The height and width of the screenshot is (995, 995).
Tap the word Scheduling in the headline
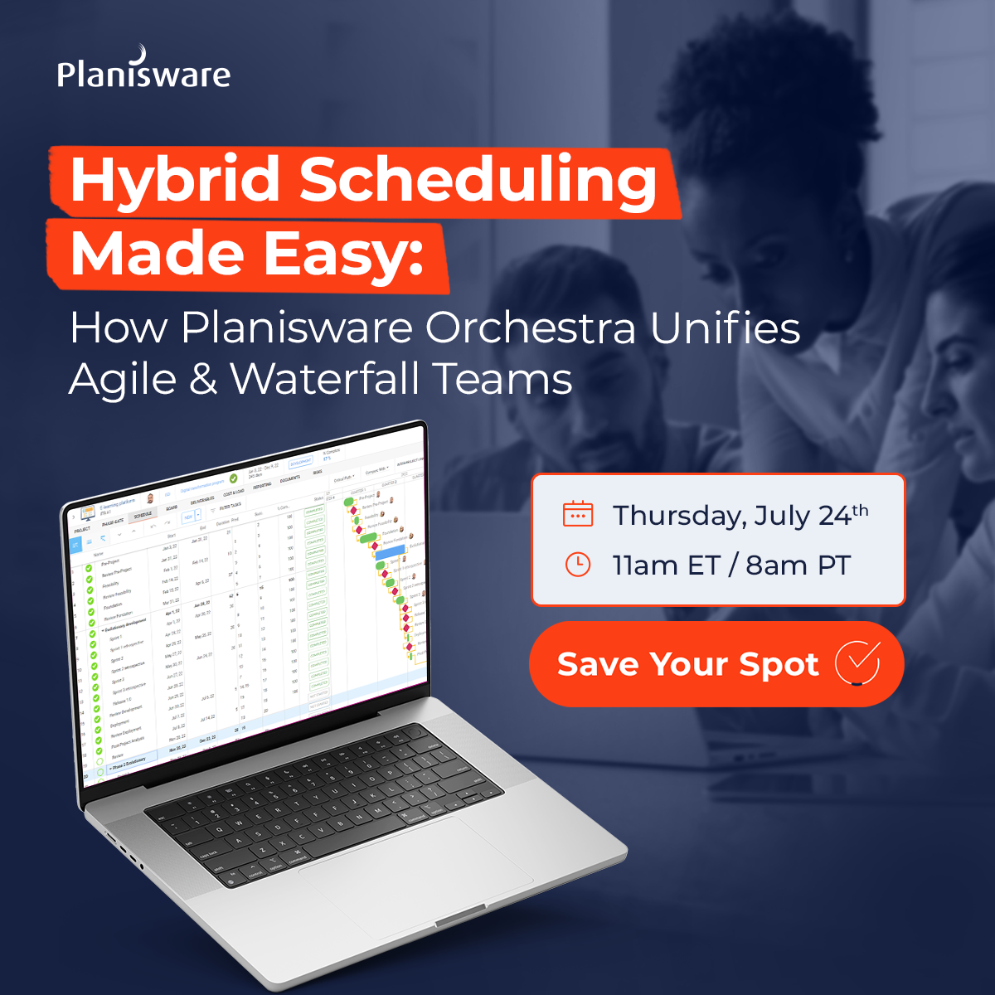coord(478,180)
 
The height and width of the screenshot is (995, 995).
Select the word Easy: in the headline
coord(343,254)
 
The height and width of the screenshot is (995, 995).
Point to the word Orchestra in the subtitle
coord(531,328)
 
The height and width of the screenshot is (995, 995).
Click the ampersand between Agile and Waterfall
coord(203,380)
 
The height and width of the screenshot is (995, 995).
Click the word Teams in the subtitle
coord(502,380)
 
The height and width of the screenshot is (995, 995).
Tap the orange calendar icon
coord(578,514)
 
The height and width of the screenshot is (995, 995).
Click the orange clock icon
coord(578,565)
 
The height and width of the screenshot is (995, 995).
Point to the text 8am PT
coord(798,565)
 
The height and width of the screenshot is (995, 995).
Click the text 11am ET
coord(666,565)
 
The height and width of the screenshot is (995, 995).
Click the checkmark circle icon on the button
coord(857,663)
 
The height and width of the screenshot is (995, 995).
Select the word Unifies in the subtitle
coord(725,328)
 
